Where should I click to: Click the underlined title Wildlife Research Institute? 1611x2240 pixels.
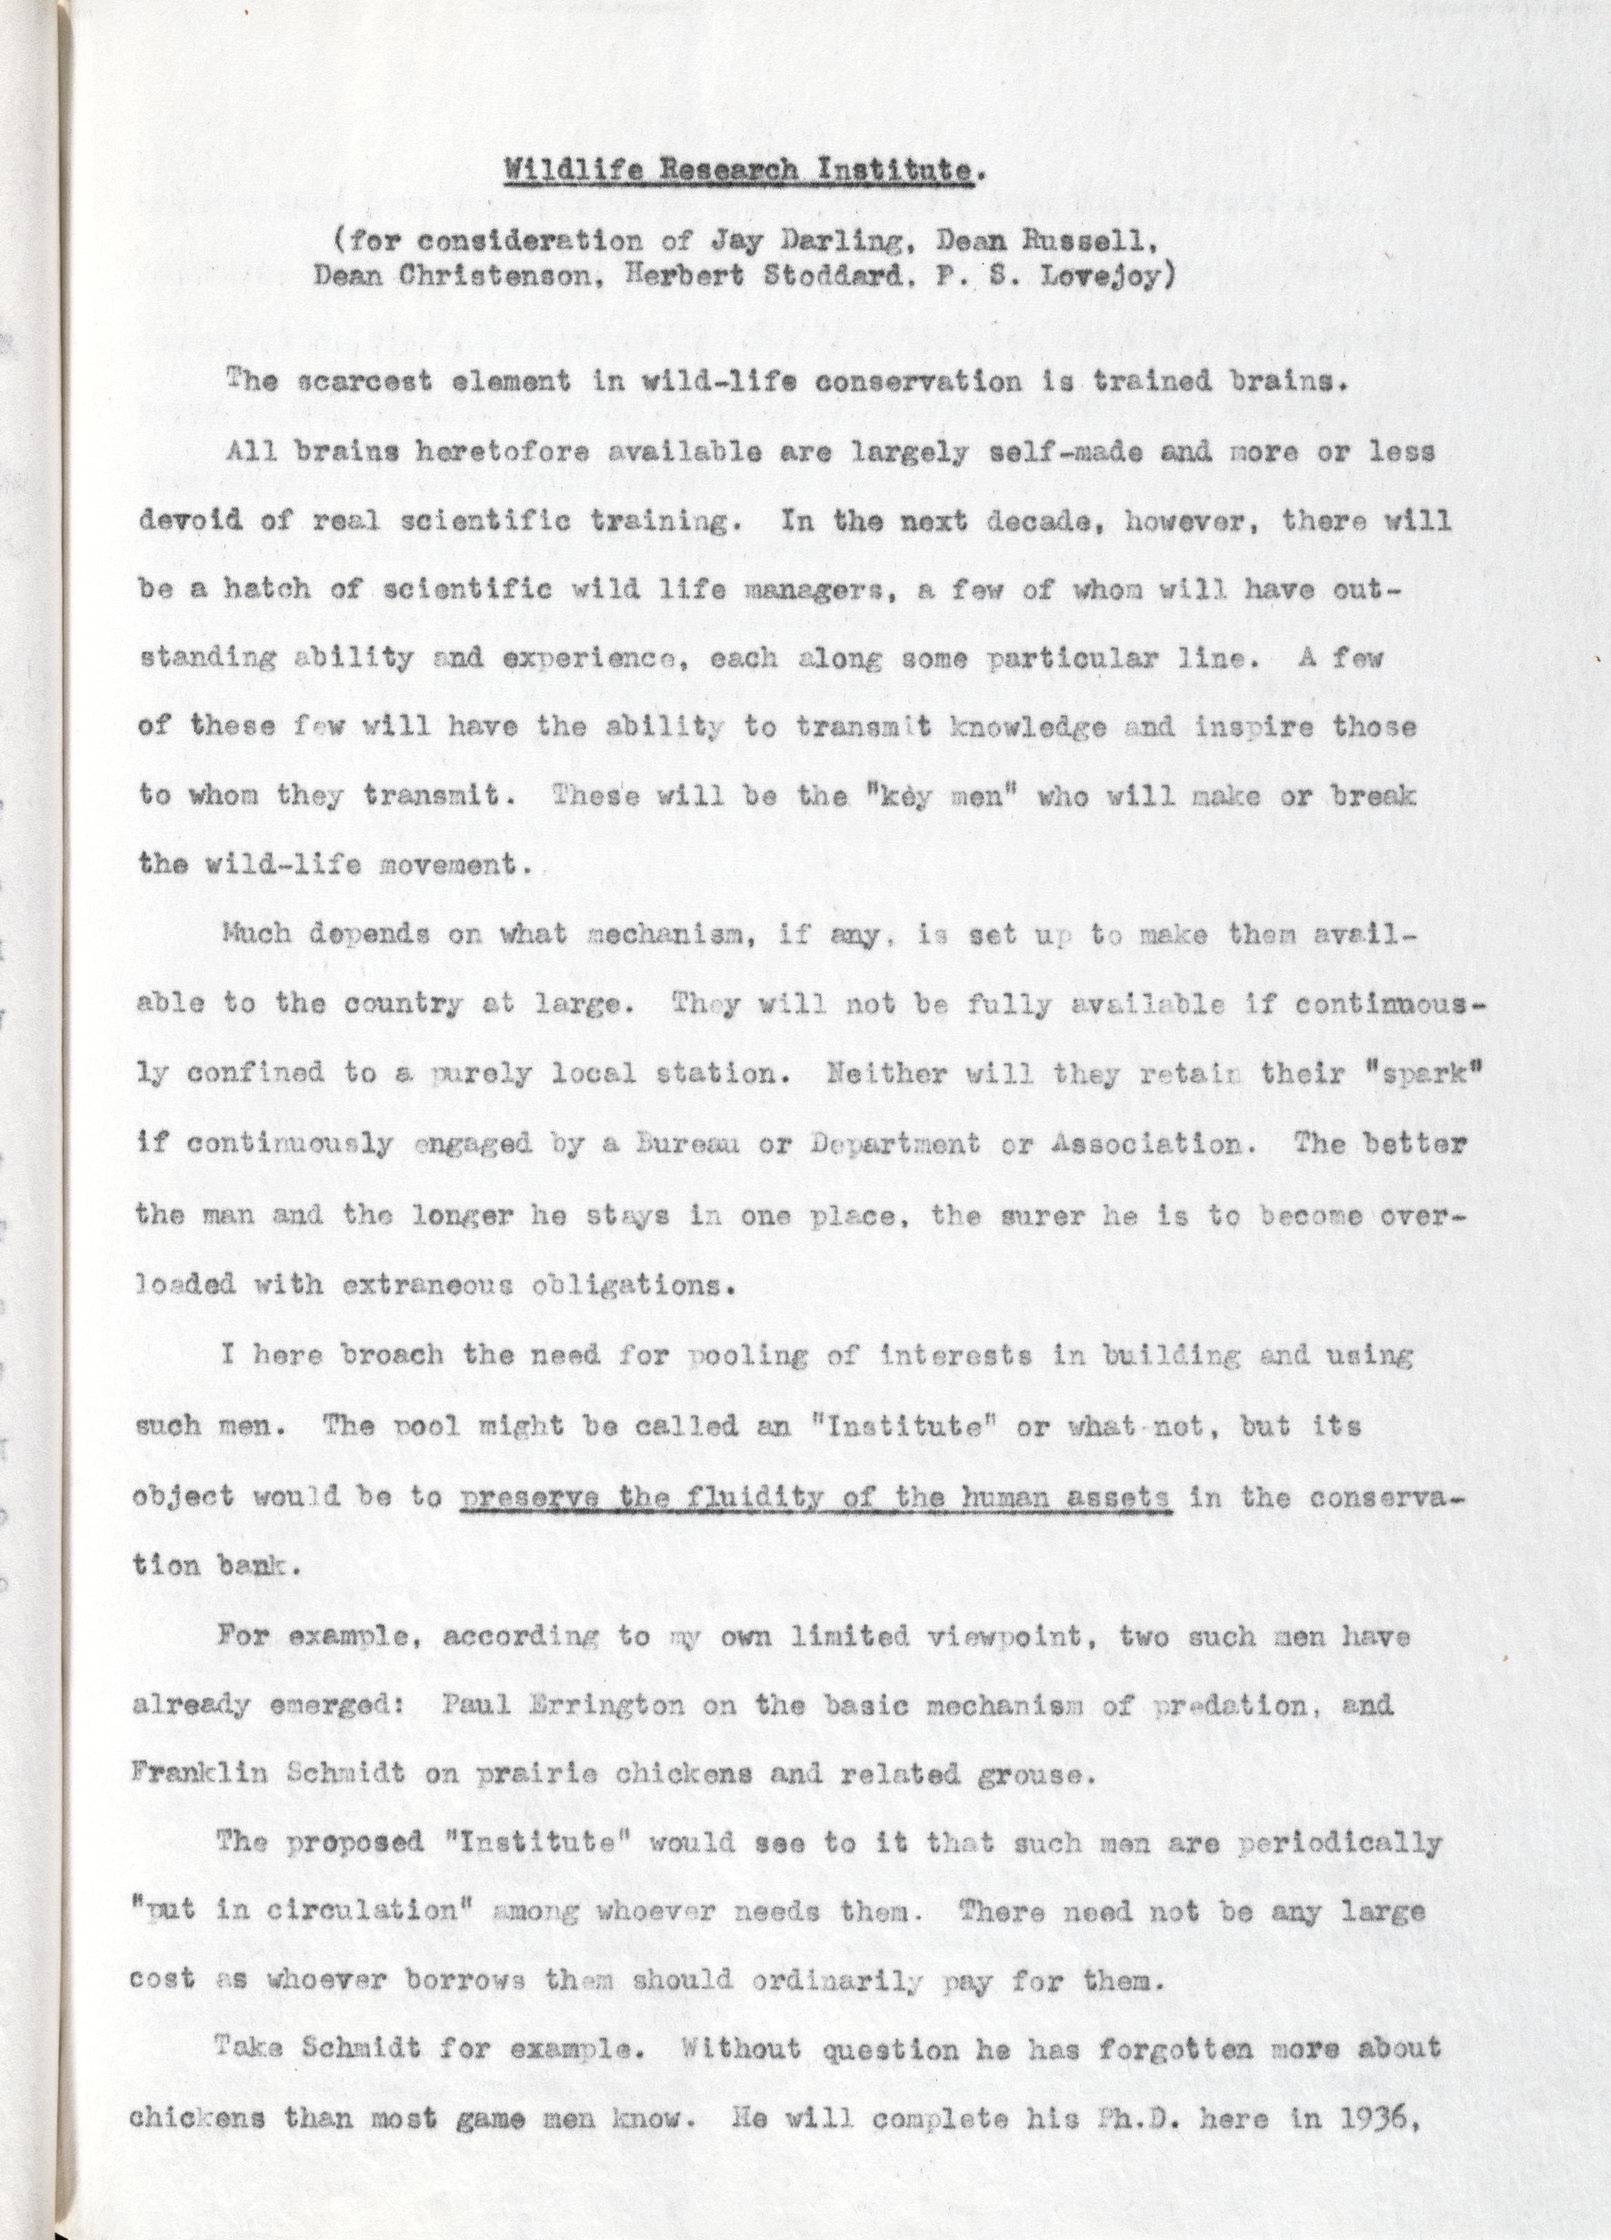pyautogui.click(x=739, y=171)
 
